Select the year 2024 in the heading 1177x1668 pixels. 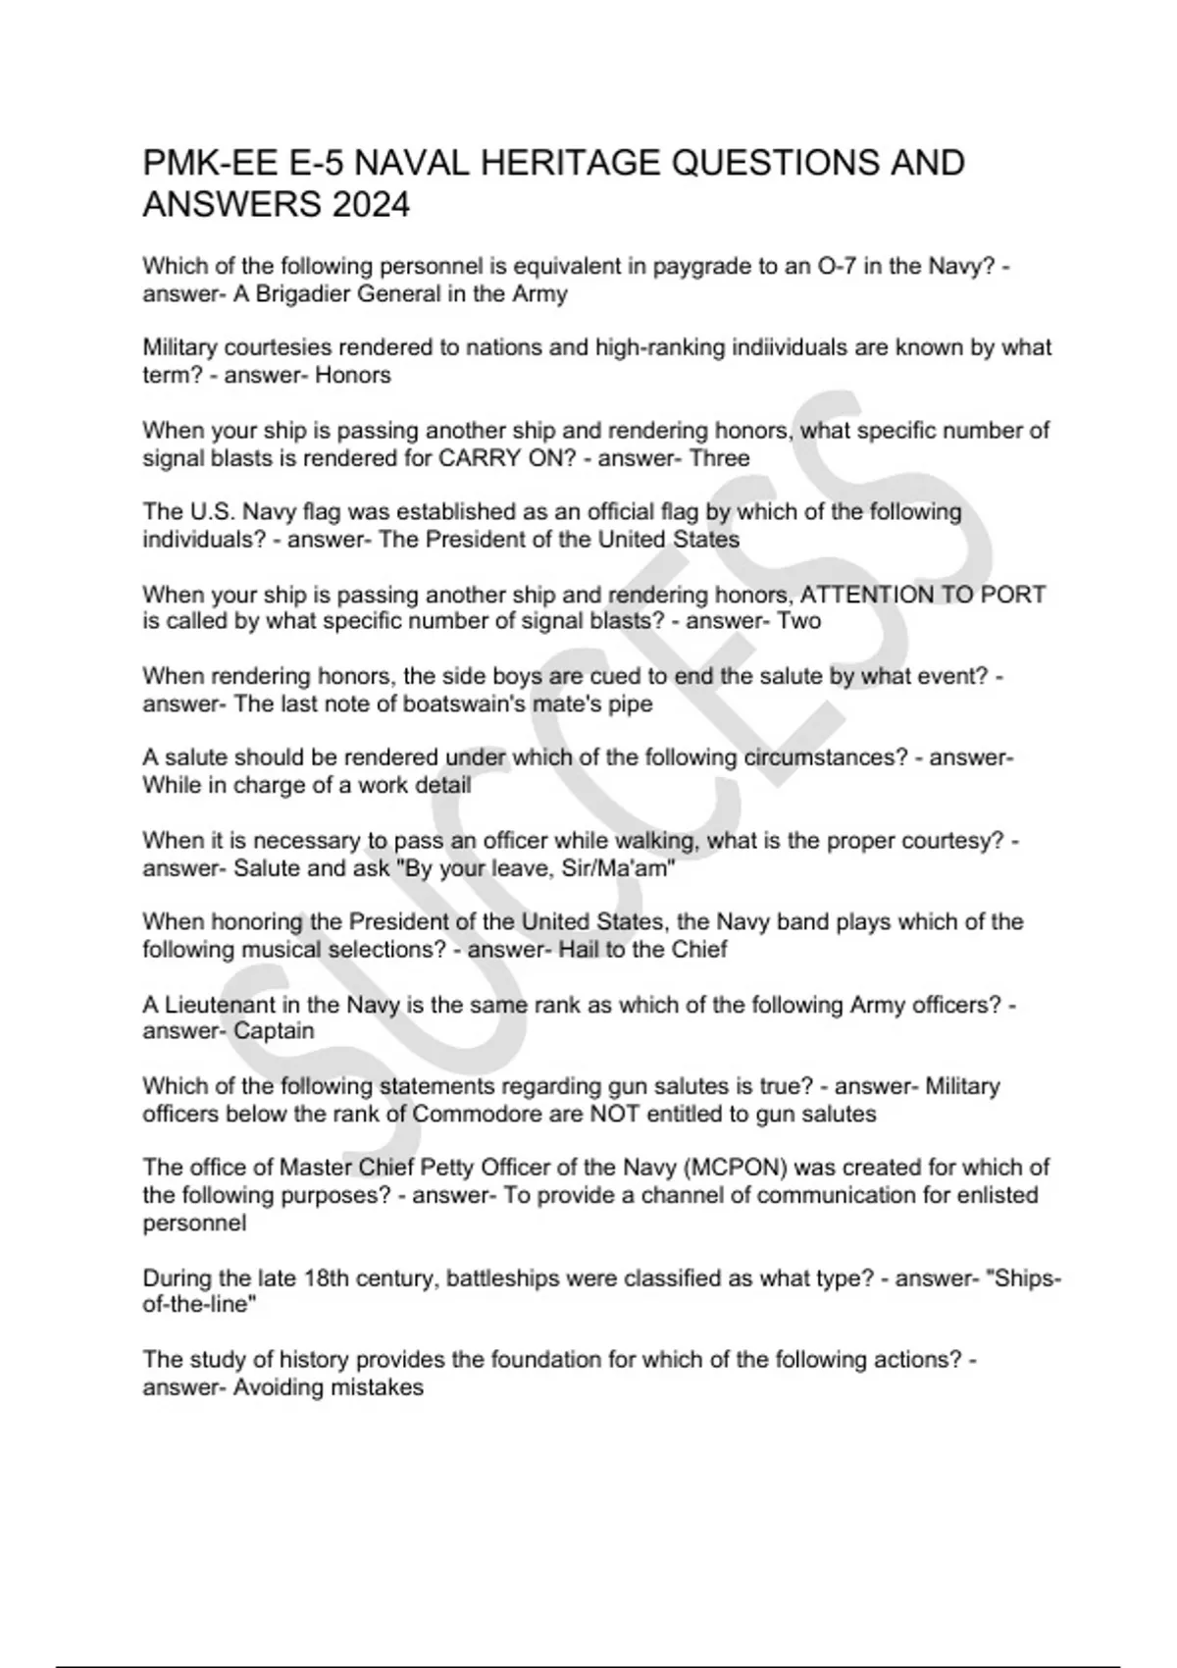pos(370,206)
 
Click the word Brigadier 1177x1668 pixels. pos(304,293)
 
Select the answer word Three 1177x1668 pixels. pos(719,458)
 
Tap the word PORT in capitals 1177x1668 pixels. pos(1015,595)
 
